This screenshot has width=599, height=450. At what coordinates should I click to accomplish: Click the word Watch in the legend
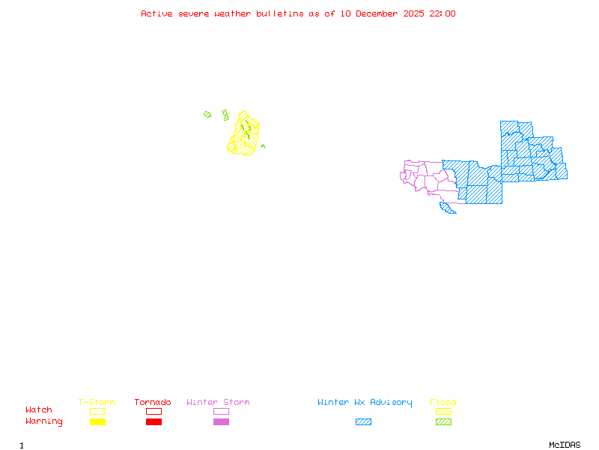[x=39, y=410]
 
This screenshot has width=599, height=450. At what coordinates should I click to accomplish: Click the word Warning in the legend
[x=43, y=421]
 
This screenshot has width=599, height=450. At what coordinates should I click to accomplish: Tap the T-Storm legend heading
[x=97, y=403]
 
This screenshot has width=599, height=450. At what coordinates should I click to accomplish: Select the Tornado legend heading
[x=153, y=403]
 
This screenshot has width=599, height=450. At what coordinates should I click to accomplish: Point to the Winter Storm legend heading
[x=218, y=403]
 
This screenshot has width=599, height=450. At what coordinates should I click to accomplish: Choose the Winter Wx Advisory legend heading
[x=365, y=403]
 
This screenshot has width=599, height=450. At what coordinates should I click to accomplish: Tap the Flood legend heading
[x=443, y=403]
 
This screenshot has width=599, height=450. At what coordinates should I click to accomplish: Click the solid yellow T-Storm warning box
[x=97, y=422]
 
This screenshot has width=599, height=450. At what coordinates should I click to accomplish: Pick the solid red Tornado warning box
[x=153, y=422]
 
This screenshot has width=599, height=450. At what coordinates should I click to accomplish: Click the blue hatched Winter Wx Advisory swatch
[x=363, y=422]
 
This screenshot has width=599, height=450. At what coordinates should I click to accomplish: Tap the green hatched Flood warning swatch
[x=443, y=422]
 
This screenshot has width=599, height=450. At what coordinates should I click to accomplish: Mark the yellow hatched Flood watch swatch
[x=443, y=411]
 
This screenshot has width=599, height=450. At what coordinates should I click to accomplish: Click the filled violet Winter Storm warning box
[x=221, y=422]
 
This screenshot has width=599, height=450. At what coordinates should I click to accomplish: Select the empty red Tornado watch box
[x=153, y=411]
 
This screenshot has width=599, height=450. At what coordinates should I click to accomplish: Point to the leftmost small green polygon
[x=207, y=115]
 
